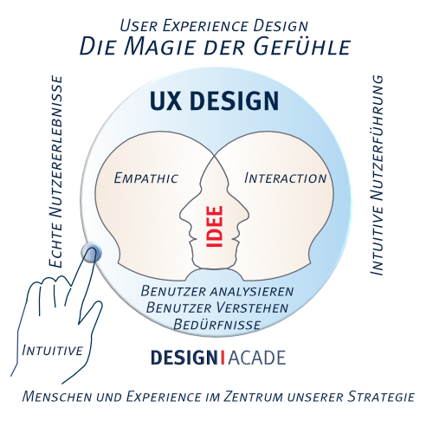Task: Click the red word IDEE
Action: pos(215,226)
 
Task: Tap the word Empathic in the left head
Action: pos(146,178)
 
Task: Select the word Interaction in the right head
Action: pos(285,178)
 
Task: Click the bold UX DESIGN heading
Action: pos(214,100)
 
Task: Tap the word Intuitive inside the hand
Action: pos(52,350)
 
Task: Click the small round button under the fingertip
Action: pos(91,253)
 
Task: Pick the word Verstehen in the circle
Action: pos(252,307)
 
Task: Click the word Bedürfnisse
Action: pos(217,325)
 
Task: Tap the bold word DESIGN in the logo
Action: pos(184,358)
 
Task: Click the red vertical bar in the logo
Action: pos(223,358)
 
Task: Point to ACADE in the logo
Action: pos(257,358)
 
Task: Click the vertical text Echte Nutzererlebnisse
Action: pos(56,172)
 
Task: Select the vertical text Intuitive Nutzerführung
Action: pos(377,176)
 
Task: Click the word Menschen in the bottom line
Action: pos(57,397)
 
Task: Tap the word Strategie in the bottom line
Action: pos(381,397)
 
